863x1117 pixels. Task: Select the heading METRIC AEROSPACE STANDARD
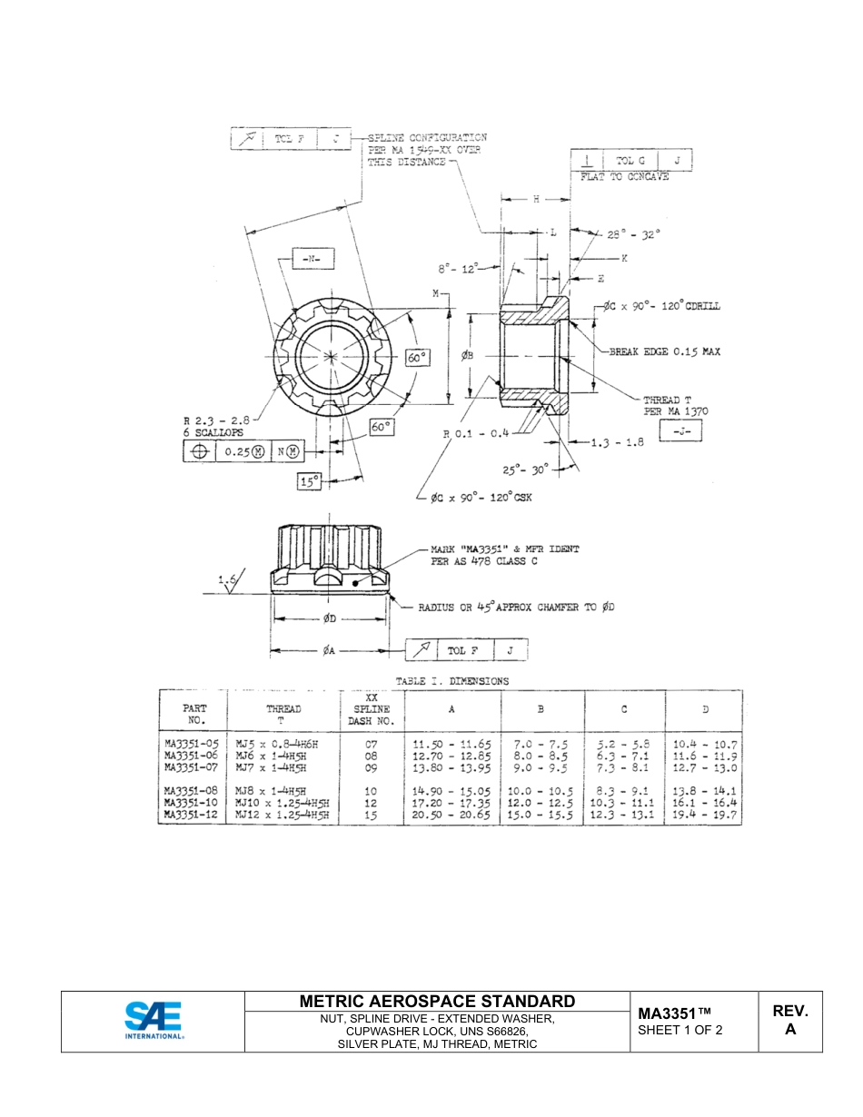437,1001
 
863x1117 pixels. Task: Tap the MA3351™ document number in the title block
674,1013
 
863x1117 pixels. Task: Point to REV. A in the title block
789,1020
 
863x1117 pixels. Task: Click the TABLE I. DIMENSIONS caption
451,681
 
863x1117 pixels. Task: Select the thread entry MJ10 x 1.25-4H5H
282,804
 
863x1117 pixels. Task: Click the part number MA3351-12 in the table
192,816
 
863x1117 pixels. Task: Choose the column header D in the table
706,709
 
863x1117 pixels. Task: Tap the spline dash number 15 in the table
371,816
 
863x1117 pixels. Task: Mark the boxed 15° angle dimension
311,482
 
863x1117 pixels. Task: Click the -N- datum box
312,260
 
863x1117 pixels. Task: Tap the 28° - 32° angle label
634,233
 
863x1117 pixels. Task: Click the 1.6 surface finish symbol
228,579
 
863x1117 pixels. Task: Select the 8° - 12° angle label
458,269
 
